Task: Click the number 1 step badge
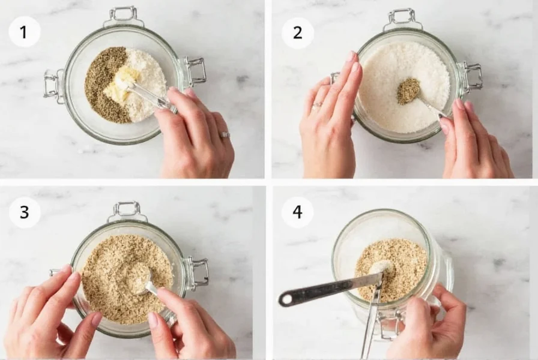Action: point(24,32)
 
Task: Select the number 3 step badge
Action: point(24,212)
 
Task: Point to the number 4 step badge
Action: point(297,212)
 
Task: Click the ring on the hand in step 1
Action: point(225,135)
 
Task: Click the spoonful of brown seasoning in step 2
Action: point(408,90)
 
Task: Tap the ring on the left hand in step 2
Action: point(316,104)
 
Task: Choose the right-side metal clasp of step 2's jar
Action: point(471,76)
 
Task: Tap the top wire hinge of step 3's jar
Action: point(127,210)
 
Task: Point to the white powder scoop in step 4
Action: point(381,266)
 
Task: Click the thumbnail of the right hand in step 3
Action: point(153,320)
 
